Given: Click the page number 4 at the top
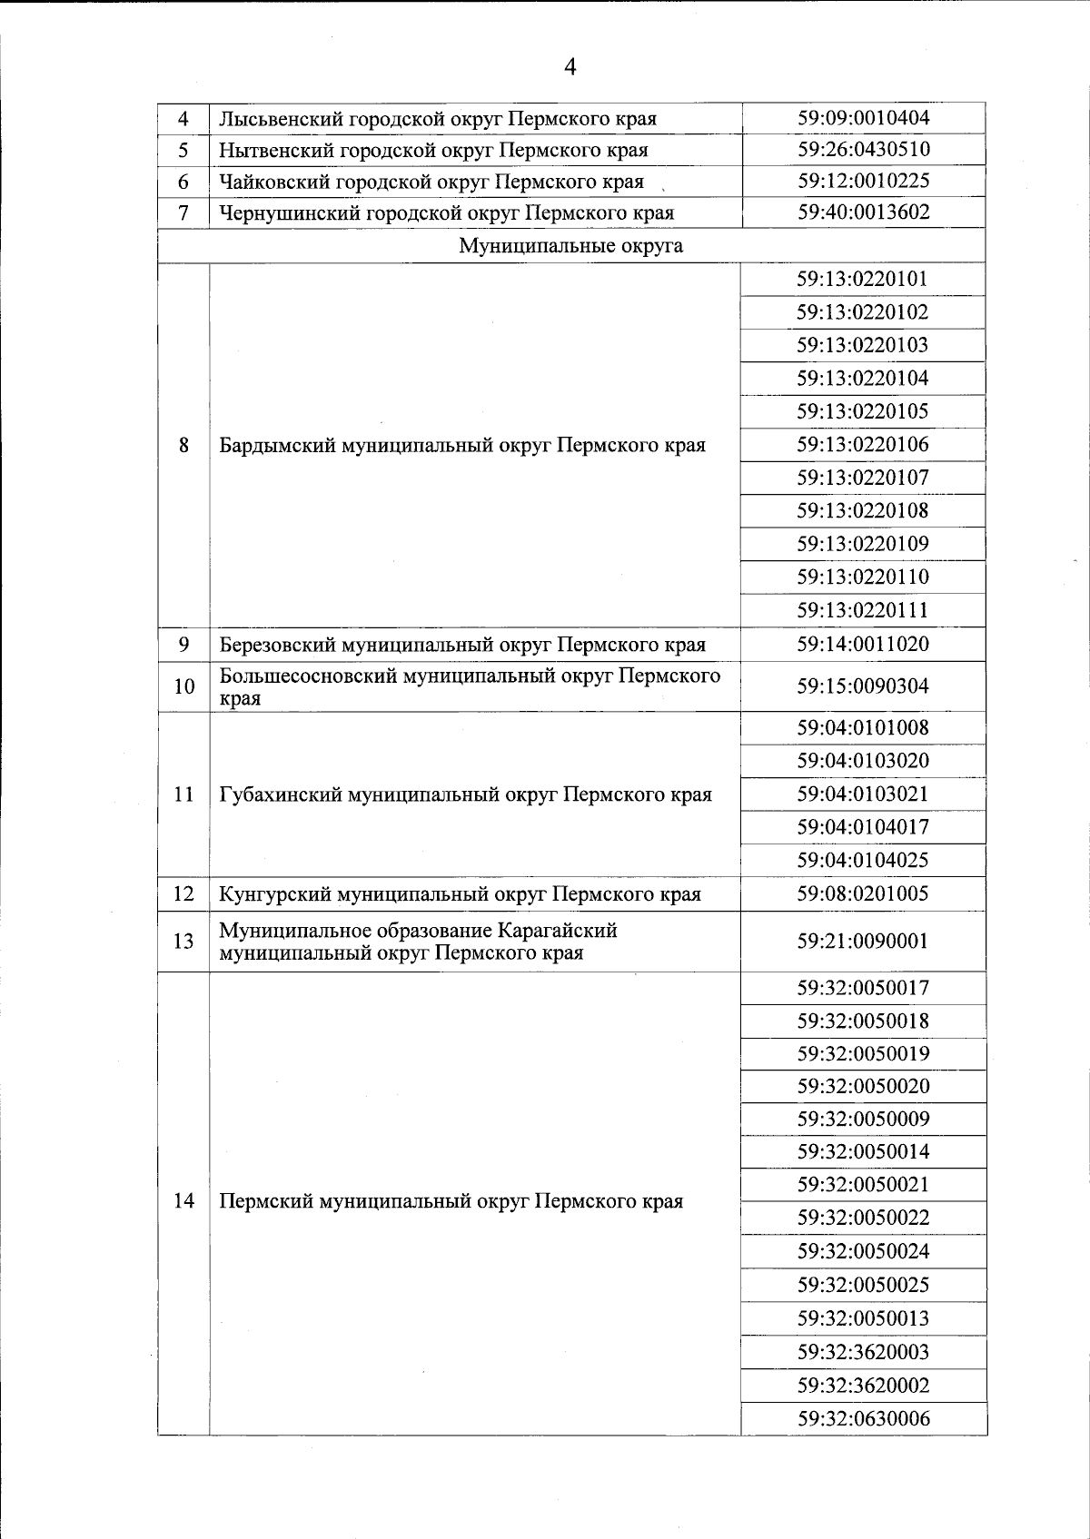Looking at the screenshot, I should pos(570,66).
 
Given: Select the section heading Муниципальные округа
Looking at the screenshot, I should pos(570,246).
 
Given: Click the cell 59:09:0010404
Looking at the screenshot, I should pos(863,118).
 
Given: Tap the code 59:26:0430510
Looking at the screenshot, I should pos(863,149).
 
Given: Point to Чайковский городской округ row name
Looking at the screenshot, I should pos(431,182).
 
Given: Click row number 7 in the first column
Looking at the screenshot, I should pos(183,213).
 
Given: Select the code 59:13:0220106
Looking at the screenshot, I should pos(863,444).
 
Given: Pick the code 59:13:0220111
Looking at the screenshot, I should pos(863,610).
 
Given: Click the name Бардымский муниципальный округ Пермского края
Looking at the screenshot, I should pos(462,446).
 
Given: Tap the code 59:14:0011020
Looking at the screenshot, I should pos(863,644).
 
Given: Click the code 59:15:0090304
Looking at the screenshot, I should pos(863,686).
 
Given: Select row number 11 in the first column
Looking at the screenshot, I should pos(183,794).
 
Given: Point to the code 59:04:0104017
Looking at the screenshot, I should pos(863,827).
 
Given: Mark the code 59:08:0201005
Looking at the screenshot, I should pos(863,893).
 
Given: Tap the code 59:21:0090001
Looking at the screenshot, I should pos(863,941).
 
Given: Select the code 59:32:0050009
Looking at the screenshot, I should pos(863,1119).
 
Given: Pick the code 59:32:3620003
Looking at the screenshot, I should pos(863,1352).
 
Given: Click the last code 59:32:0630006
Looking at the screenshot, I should pos(863,1418).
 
